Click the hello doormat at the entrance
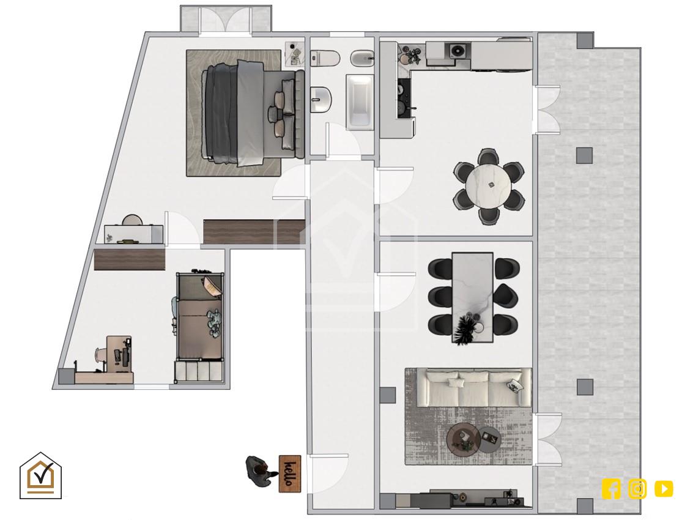(x=290, y=474)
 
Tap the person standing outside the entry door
(x=260, y=471)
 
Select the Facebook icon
(x=611, y=489)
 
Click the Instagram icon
(x=637, y=489)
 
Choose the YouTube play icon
(x=664, y=489)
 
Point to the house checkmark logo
(x=40, y=476)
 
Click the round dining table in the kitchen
(x=489, y=185)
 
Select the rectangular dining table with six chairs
(x=472, y=297)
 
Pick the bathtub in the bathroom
(x=360, y=102)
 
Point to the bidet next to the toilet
(x=363, y=58)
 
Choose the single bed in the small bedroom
(x=199, y=316)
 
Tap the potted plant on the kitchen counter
(x=414, y=54)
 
